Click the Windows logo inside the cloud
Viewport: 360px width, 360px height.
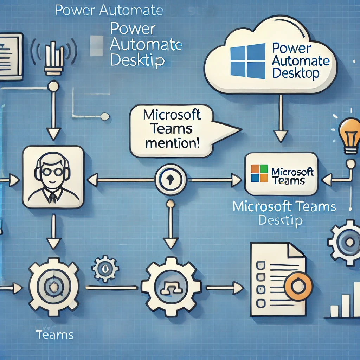point(248,60)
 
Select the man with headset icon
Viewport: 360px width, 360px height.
point(53,177)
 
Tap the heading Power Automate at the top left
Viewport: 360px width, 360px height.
point(109,11)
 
